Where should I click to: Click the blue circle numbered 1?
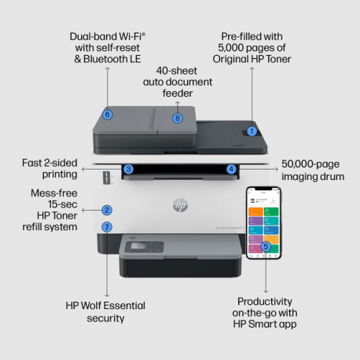(x=252, y=131)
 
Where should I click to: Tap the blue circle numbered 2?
(x=107, y=211)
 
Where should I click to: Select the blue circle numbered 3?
(x=128, y=169)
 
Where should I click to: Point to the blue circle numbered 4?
(x=231, y=169)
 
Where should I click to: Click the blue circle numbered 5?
(x=266, y=247)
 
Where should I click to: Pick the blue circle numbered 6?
(x=108, y=115)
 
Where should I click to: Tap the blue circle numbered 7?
(x=107, y=227)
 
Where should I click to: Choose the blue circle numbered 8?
(x=178, y=119)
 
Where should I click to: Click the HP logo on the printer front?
(x=180, y=206)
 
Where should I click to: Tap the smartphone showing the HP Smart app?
(x=265, y=223)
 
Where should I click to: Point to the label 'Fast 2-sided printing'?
(x=49, y=168)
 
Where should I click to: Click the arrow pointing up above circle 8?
(x=178, y=103)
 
